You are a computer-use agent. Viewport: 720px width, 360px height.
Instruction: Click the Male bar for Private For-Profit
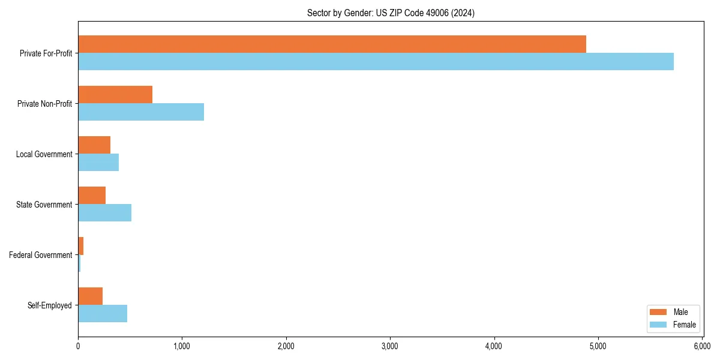click(332, 44)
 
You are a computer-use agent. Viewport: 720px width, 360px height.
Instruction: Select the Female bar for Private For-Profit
click(376, 61)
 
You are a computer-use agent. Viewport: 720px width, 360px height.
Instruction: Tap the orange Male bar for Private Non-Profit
click(115, 95)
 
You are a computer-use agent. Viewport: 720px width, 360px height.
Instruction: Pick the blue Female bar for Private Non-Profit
click(141, 112)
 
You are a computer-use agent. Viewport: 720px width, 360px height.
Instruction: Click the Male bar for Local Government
click(94, 145)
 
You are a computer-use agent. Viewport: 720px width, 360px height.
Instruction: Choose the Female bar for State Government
click(104, 212)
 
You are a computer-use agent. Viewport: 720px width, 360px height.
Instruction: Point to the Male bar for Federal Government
click(81, 246)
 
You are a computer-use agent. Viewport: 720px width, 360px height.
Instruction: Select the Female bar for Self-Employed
click(103, 313)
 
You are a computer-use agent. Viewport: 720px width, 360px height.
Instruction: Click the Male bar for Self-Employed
click(91, 296)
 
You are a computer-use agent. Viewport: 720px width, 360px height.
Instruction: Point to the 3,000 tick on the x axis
click(390, 346)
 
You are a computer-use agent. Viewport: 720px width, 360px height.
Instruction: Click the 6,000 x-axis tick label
click(702, 346)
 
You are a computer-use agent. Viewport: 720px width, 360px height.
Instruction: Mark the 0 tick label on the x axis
click(78, 346)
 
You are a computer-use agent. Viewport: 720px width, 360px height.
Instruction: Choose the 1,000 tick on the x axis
click(182, 346)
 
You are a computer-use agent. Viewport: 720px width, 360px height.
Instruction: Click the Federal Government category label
click(41, 255)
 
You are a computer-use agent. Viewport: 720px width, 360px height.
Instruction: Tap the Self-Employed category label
click(50, 305)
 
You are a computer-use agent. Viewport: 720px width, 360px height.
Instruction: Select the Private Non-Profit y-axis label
click(44, 104)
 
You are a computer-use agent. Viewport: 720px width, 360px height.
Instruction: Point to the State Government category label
click(44, 205)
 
